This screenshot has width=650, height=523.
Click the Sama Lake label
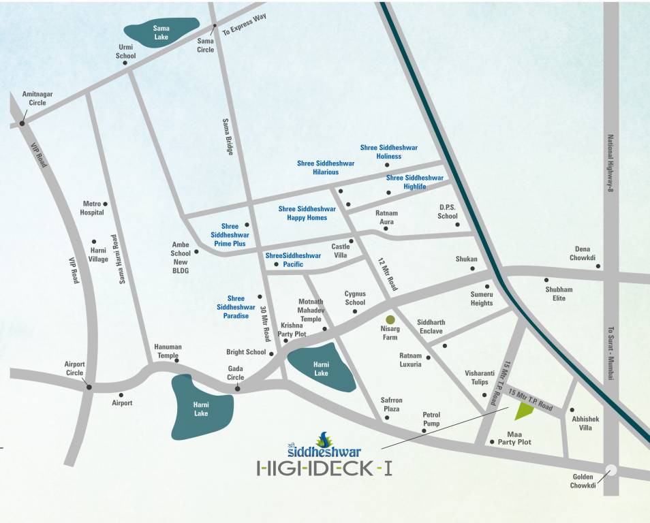tap(161, 33)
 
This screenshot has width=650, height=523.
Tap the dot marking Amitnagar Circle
tap(22, 123)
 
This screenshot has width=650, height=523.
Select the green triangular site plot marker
tap(523, 411)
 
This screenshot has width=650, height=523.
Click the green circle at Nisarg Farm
tap(390, 319)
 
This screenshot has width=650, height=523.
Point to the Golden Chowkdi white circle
tap(611, 469)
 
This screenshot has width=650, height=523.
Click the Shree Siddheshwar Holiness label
tap(388, 152)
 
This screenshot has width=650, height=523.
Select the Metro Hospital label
tap(93, 208)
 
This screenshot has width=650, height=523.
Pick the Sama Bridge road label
tap(228, 137)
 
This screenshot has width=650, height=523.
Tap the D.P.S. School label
tap(448, 212)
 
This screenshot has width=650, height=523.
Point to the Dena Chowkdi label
tap(583, 253)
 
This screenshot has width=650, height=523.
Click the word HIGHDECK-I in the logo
tap(324, 469)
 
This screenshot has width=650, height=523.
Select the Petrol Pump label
tap(431, 419)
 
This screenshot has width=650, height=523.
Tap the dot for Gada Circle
tap(237, 388)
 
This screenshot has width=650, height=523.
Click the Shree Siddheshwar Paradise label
tap(236, 307)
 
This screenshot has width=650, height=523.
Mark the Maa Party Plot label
tap(519, 438)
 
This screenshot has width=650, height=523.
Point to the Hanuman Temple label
tap(168, 351)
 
